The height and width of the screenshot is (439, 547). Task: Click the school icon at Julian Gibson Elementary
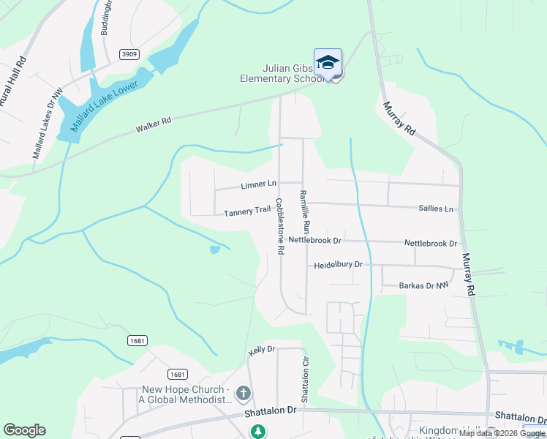click(x=328, y=61)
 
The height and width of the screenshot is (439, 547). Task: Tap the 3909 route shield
click(x=130, y=54)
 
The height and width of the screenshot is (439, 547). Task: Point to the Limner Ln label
click(x=259, y=184)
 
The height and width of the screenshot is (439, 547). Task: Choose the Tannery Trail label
click(x=247, y=211)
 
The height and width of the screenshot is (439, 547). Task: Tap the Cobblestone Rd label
click(x=279, y=225)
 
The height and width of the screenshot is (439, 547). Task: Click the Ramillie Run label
click(x=305, y=211)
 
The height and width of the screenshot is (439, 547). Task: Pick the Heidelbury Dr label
click(x=338, y=265)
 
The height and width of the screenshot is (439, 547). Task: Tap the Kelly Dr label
click(x=261, y=350)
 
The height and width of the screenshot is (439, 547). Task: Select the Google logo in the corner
click(x=24, y=430)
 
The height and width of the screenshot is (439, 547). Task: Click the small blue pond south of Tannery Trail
click(x=214, y=249)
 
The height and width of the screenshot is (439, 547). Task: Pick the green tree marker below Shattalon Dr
click(x=257, y=432)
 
